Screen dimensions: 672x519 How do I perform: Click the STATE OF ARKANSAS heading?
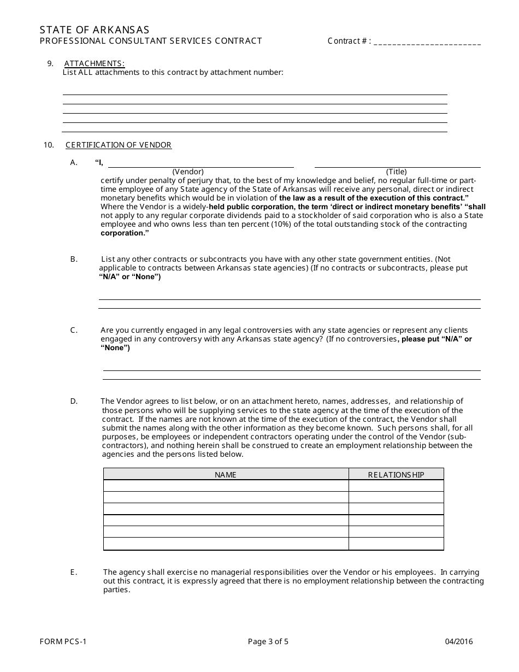point(95,30)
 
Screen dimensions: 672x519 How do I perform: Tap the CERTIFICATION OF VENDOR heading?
point(119,145)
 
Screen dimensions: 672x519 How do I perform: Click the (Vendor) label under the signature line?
point(188,172)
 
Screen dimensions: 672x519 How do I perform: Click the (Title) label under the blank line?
point(396,172)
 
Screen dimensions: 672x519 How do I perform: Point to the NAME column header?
point(226,475)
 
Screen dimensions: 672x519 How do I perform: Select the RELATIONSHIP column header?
point(396,475)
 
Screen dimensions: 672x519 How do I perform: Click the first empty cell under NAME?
point(226,486)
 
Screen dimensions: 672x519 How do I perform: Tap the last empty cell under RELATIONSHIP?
point(396,544)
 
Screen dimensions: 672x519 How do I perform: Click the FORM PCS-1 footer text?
point(63,642)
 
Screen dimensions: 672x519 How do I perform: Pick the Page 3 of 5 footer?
point(268,642)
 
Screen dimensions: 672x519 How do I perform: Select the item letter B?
point(74,259)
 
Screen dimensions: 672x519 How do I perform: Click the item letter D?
point(74,402)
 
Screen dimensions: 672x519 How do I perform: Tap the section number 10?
point(49,145)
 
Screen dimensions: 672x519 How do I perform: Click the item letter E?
point(73,573)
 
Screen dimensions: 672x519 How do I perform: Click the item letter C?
point(74,330)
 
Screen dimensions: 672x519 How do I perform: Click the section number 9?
point(50,63)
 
